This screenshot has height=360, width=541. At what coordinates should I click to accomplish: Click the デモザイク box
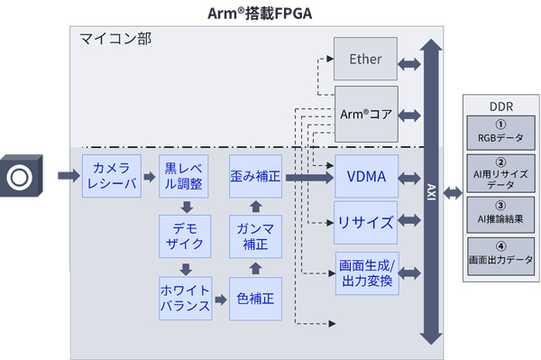(x=185, y=236)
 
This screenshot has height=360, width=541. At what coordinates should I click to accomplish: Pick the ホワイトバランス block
(x=185, y=299)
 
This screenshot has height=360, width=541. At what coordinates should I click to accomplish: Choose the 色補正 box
(x=255, y=299)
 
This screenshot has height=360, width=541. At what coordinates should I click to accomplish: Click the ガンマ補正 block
(x=255, y=236)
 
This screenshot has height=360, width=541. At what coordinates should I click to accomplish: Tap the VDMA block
(x=365, y=177)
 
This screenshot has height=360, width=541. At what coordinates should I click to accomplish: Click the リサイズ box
(x=365, y=222)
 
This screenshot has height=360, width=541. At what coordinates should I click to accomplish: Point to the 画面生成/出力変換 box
(x=365, y=272)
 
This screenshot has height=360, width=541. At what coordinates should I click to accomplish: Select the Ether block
(x=365, y=60)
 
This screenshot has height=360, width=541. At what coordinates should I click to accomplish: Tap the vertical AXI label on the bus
(x=430, y=191)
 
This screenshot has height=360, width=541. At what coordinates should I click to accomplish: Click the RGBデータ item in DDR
(x=500, y=134)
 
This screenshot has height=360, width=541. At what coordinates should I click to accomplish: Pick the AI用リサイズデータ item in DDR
(x=500, y=176)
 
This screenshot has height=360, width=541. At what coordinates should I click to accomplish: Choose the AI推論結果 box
(x=500, y=213)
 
